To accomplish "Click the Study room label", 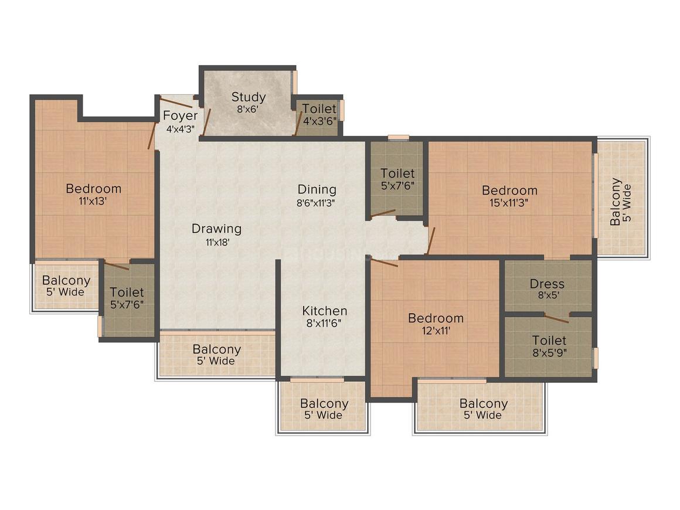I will coord(249,97).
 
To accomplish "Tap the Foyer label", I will coord(180,115).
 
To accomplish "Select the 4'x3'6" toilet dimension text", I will coord(319,121).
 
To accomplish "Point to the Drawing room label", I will coord(216,228).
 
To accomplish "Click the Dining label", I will coord(317,189).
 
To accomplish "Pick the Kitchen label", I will coord(324,311).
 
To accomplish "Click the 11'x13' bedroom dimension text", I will coord(94,200).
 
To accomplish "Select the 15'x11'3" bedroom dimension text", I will coord(509,202).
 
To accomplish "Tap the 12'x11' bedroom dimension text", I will coord(436,330).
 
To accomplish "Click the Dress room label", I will coord(547,284).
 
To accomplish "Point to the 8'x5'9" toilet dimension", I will coord(549,352).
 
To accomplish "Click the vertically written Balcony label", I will coord(616,202).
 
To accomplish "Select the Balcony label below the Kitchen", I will coord(324,403).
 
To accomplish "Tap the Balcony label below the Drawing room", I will coord(216,349).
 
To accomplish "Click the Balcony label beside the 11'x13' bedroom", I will coord(66,281).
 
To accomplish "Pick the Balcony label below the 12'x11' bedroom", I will coord(483,403).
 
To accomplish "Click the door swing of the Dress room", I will coord(556,318).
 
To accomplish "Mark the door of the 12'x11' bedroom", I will coord(385,262).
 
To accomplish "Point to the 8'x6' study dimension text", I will coord(249,109).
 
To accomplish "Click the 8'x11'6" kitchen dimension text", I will coord(324,323).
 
